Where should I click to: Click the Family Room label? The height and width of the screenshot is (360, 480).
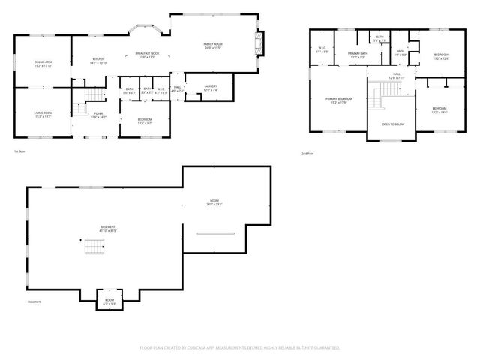[x=212, y=46]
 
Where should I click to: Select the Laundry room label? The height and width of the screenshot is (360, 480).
[x=211, y=88]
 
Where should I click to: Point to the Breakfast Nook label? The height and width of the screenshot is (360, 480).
[x=147, y=55]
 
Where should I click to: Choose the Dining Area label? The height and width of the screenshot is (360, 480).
[x=43, y=64]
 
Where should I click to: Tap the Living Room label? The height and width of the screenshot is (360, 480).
[x=42, y=115]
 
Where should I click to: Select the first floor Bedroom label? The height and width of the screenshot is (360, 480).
[x=144, y=120]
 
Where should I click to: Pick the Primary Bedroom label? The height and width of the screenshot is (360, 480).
[x=338, y=100]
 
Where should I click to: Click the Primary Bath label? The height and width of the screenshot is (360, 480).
[x=358, y=55]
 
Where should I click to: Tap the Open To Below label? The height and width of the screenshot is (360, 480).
[x=393, y=124]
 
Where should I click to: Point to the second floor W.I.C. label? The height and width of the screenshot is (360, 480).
[x=322, y=50]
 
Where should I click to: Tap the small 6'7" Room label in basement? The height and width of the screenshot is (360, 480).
[x=109, y=301]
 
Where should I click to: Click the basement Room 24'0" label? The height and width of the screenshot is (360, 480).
[x=215, y=202]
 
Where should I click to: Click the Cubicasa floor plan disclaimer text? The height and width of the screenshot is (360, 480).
[x=240, y=348]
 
